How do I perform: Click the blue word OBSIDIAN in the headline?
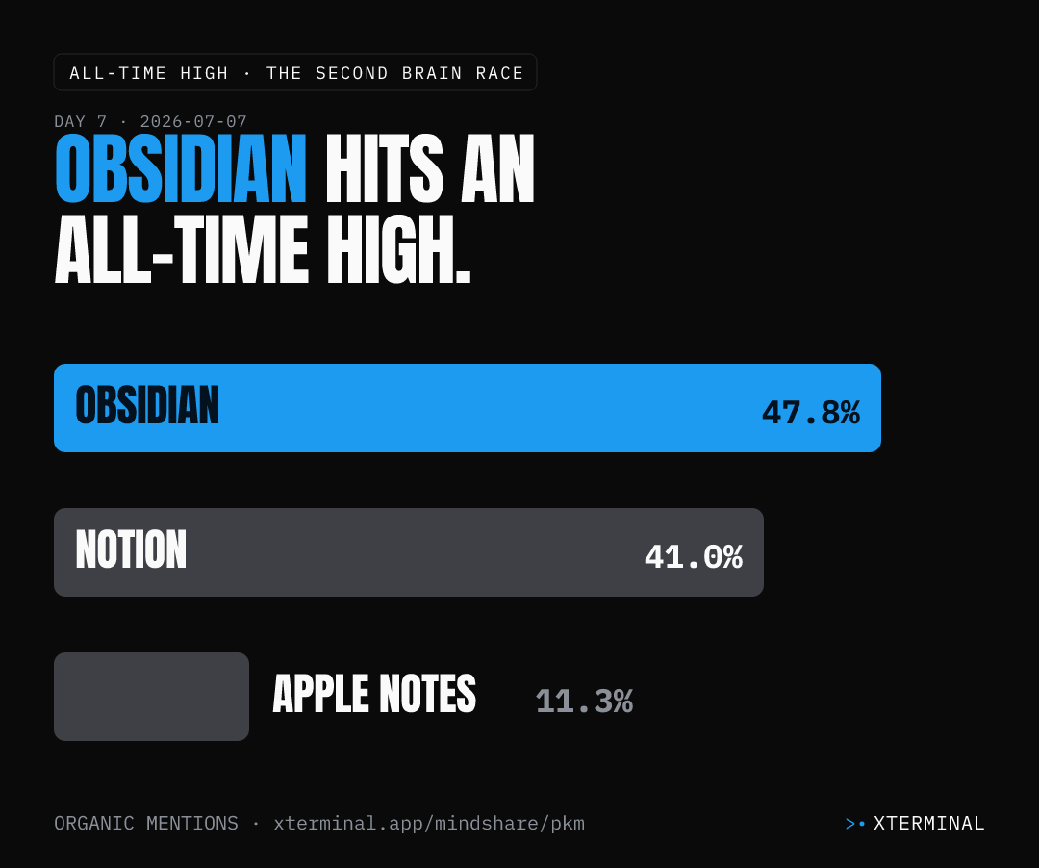[180, 168]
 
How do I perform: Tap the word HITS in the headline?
[384, 168]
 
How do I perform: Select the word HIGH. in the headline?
[399, 250]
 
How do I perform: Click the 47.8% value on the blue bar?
[810, 412]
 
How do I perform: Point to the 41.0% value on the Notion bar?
[693, 556]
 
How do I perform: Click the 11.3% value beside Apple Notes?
[584, 701]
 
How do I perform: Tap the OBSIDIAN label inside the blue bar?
[147, 405]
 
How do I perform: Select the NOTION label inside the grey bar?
[131, 549]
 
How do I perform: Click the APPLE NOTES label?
[374, 694]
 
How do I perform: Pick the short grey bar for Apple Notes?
[151, 697]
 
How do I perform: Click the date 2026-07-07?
[193, 122]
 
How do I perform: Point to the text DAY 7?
[80, 122]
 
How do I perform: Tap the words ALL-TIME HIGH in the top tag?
[149, 73]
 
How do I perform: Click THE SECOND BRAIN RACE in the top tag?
[395, 73]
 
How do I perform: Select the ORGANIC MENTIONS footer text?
[146, 823]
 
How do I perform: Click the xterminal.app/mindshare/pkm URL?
[429, 823]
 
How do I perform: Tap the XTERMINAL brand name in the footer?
[929, 823]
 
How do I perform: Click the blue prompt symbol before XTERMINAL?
[855, 824]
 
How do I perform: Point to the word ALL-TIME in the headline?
[182, 250]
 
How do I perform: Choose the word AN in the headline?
[497, 168]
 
